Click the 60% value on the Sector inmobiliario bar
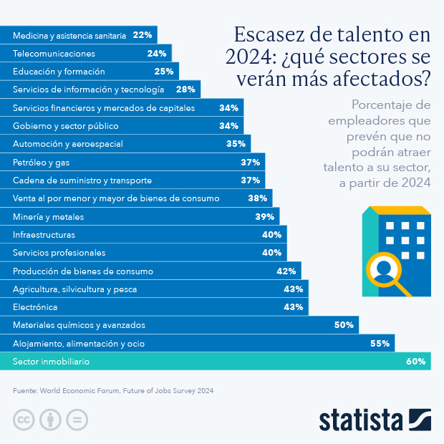tap(416, 362)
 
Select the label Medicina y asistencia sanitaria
tap(69, 34)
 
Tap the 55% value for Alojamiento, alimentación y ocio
tap(380, 344)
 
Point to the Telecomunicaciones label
tap(54, 53)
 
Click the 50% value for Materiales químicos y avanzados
tap(344, 325)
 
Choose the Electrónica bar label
tap(35, 307)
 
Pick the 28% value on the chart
tap(185, 90)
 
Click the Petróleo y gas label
tap(42, 163)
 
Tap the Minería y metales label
tap(48, 216)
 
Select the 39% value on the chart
tap(265, 216)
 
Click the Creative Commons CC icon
tap(24, 419)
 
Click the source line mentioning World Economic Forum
tap(113, 391)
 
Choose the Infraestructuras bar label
tap(44, 234)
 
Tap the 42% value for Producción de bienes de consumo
tap(286, 271)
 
